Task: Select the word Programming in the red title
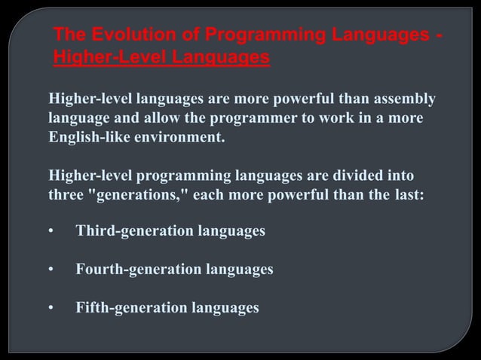(x=239, y=35)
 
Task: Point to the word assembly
(x=404, y=100)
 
